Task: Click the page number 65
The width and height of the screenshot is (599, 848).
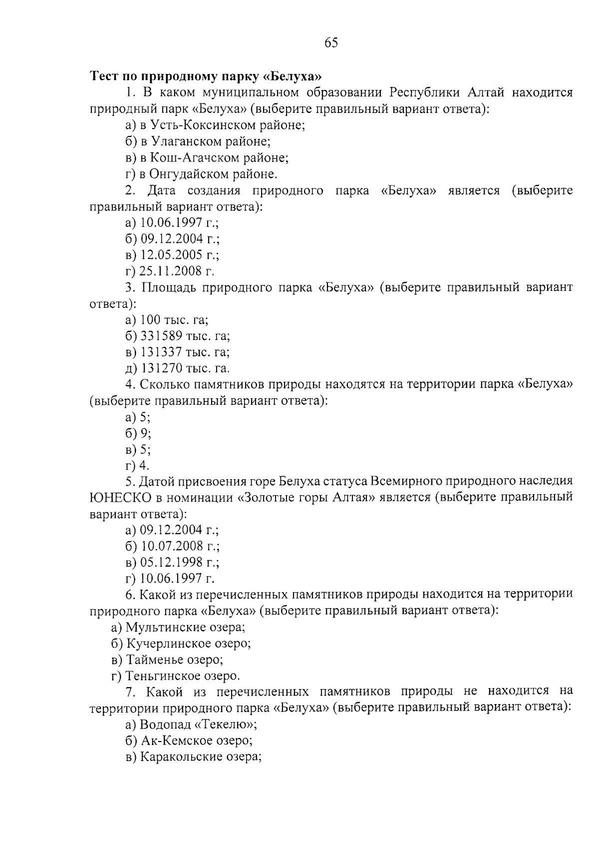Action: (331, 43)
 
